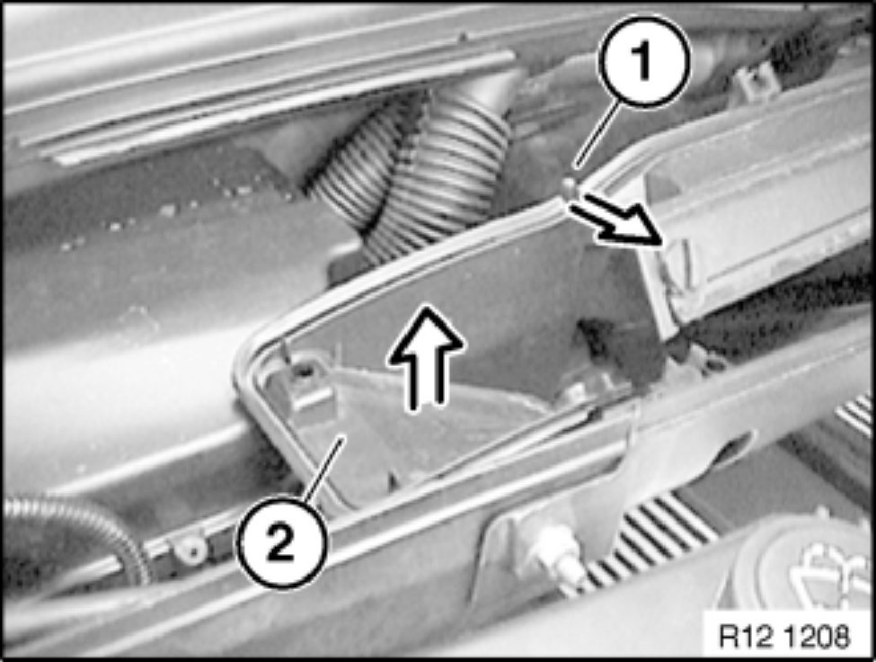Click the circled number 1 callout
coord(644,61)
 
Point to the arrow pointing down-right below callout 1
coord(616,222)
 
